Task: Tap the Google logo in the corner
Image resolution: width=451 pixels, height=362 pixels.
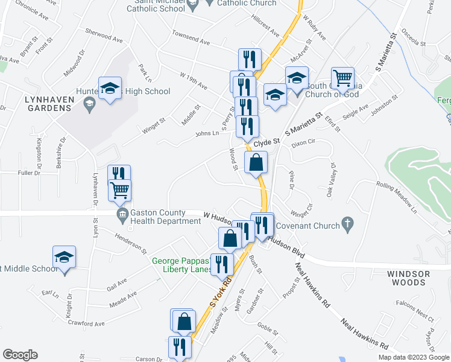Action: tap(20, 355)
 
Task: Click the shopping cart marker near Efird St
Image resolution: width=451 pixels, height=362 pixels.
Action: tap(342, 78)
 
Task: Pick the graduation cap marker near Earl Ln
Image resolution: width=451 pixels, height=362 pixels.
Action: tap(64, 258)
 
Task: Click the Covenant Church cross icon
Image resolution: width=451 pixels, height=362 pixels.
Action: tap(347, 224)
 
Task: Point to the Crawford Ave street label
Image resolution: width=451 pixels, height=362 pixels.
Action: tap(87, 324)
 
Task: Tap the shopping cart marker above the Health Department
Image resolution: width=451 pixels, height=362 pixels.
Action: tap(119, 191)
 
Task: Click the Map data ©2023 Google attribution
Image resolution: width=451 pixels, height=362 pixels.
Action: tap(414, 357)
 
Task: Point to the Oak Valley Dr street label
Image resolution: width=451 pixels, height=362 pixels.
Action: tap(330, 179)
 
